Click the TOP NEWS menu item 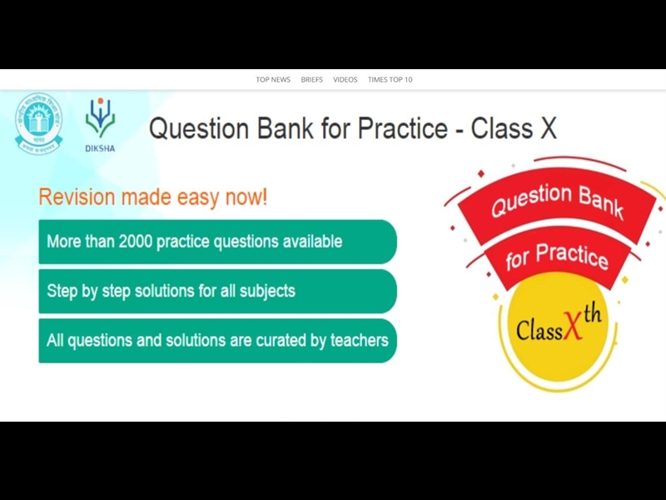point(273,80)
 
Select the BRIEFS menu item point(311,80)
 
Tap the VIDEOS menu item point(345,80)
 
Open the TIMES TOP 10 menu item point(390,80)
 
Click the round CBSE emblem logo point(38,122)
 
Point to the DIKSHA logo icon point(99,117)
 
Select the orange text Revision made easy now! point(153,197)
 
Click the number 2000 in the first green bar point(137,242)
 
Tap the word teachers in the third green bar point(360,340)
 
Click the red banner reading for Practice point(556,254)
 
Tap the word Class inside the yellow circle point(538,330)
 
